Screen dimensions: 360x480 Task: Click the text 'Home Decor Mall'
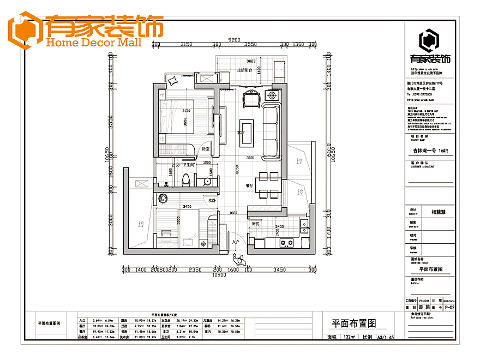coord(94,43)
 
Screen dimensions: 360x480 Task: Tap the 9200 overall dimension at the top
coord(235,39)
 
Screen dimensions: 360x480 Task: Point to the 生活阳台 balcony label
coord(248,70)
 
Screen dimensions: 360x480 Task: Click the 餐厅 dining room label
coord(250,185)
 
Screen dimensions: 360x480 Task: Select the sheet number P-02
coord(449,308)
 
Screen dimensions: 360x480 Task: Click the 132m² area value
coord(350,337)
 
